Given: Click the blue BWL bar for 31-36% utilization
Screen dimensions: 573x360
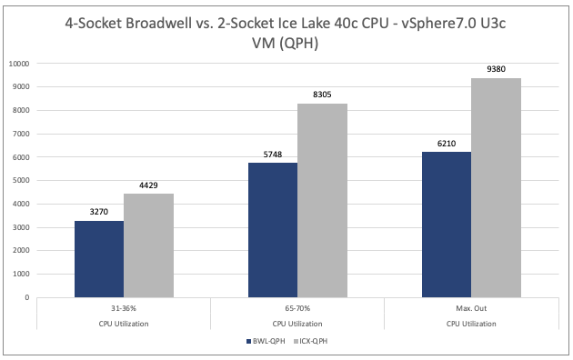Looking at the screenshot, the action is click(x=99, y=259).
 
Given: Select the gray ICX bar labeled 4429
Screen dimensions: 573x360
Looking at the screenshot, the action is click(x=148, y=245).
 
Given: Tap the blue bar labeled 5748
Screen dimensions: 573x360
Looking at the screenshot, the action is click(x=273, y=230).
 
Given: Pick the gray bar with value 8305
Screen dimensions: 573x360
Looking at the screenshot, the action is click(x=322, y=200).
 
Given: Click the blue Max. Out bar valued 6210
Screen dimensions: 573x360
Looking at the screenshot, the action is click(x=447, y=225).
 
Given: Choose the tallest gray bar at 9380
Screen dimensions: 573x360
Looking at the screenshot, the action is click(x=496, y=187).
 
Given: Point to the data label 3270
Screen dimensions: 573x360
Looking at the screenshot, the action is click(x=99, y=212).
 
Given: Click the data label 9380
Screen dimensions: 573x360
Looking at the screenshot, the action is click(x=496, y=69).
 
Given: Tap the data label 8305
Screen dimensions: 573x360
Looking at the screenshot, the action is click(x=322, y=95).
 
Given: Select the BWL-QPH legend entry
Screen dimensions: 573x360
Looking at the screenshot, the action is click(x=266, y=342).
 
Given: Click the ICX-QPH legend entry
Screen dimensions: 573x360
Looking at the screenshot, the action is click(x=311, y=342).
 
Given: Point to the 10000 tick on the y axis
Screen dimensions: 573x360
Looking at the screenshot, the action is click(x=19, y=64).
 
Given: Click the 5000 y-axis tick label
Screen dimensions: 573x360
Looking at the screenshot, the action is click(x=21, y=181).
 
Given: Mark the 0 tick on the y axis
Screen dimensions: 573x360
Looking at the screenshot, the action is click(x=27, y=297).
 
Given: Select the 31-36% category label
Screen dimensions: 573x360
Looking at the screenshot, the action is click(x=124, y=308).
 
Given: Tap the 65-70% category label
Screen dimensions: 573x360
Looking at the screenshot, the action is click(x=297, y=308).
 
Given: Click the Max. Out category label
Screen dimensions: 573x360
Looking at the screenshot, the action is click(x=471, y=308).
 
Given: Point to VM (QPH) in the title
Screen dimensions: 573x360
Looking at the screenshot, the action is click(x=286, y=44).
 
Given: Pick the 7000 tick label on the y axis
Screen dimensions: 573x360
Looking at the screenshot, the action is click(x=21, y=134).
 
